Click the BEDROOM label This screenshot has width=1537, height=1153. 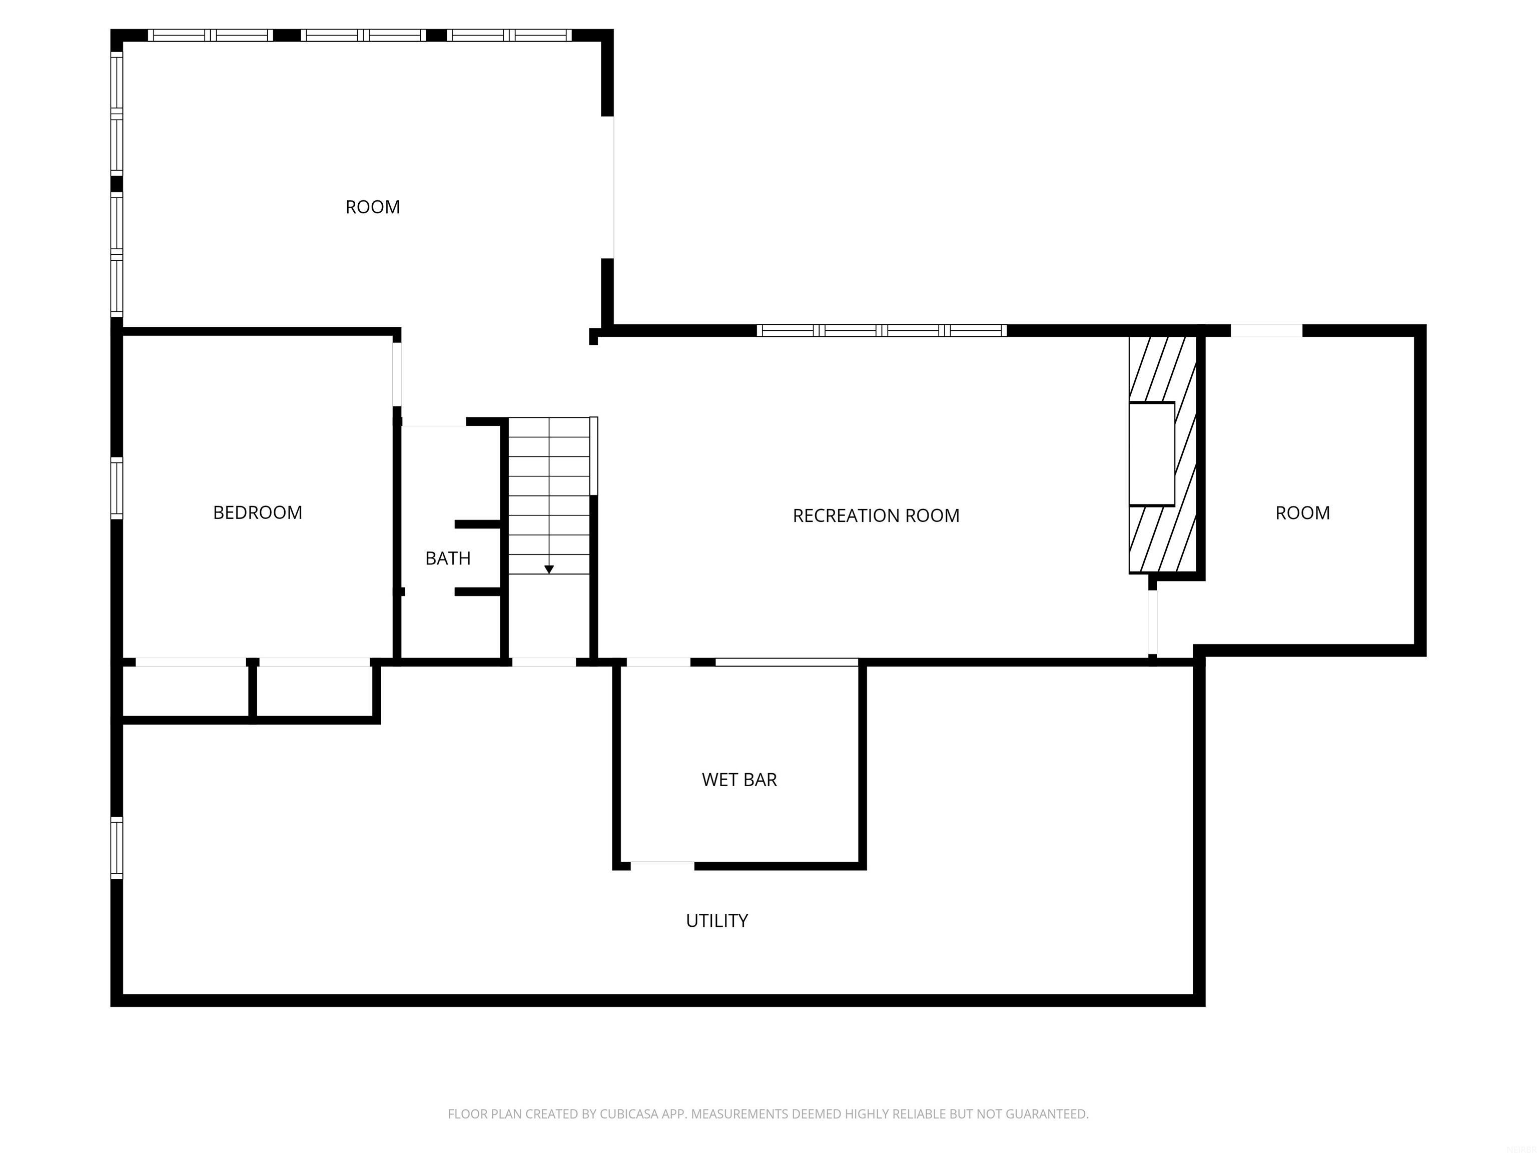pyautogui.click(x=257, y=513)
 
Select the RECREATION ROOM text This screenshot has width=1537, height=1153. pyautogui.click(x=876, y=515)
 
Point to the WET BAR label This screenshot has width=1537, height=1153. pyautogui.click(x=739, y=780)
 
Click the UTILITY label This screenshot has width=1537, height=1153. pyautogui.click(x=716, y=921)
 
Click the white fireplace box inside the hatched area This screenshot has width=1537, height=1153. pyautogui.click(x=1151, y=454)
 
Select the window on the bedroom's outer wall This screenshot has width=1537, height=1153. pyautogui.click(x=117, y=488)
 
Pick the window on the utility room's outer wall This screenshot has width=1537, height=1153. pyautogui.click(x=117, y=847)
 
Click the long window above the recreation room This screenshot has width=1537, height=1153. pyautogui.click(x=881, y=331)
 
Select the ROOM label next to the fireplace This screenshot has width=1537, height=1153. pyautogui.click(x=1302, y=513)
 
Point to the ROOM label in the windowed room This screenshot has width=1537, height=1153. pyautogui.click(x=372, y=207)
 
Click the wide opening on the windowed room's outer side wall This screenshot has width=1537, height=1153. pyautogui.click(x=608, y=187)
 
